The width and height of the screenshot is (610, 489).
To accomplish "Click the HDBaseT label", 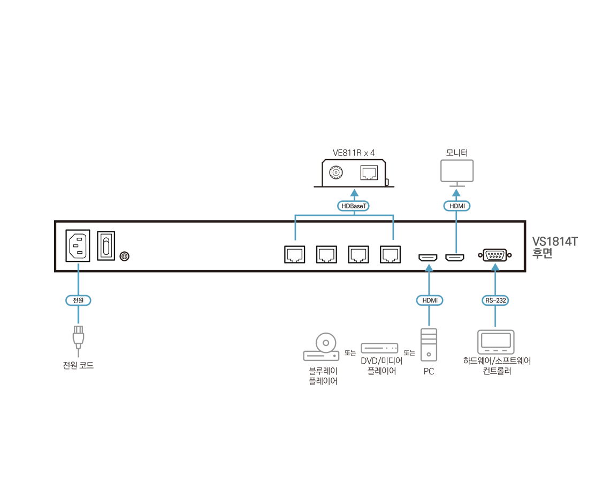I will coord(354,206).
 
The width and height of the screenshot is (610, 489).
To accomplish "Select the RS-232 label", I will coord(495,300).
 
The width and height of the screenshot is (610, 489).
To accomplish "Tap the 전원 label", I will coord(78,300).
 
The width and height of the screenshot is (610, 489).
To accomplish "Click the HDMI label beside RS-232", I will coord(430,300).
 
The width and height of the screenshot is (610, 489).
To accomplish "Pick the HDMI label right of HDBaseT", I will coord(456,206).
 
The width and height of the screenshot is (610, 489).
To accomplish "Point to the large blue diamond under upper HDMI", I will coord(456,236).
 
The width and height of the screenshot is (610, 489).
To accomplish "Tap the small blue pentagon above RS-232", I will coord(495,266).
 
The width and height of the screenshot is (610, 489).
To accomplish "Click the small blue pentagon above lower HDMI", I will coord(429,267).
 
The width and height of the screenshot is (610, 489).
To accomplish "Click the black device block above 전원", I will coord(91,245).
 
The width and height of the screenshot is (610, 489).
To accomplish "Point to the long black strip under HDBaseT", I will coord(364,250).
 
